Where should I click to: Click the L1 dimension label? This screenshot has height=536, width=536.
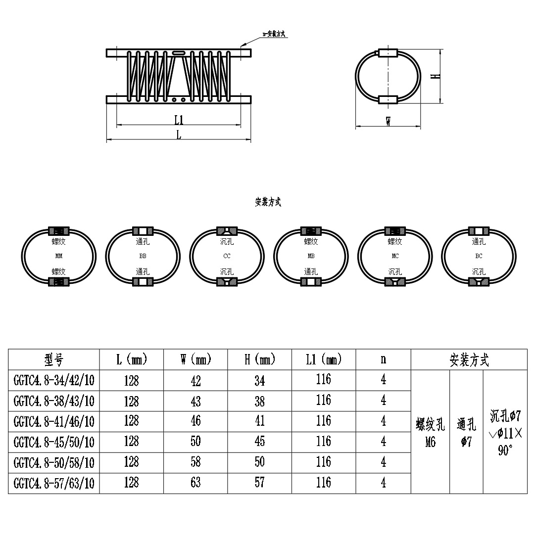179,119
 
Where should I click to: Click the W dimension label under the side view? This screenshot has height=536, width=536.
389,121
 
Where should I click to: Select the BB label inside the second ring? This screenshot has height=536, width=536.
144,256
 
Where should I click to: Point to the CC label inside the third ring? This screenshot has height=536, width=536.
227,256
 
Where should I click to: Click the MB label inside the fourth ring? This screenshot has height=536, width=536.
311,256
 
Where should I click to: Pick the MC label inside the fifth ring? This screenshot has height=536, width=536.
394,256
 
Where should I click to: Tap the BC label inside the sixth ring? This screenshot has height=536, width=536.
479,256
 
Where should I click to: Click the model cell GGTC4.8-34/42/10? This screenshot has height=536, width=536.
54,381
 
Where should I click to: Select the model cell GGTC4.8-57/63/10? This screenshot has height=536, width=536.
54,483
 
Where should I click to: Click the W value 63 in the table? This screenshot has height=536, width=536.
195,483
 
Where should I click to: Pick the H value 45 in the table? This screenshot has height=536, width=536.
259,442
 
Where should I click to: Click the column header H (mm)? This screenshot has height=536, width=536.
259,359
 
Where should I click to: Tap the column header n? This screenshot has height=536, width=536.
383,359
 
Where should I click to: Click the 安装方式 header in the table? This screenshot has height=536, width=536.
469,360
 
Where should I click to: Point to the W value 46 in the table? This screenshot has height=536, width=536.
195,421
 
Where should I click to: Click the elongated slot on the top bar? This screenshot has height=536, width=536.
178,52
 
